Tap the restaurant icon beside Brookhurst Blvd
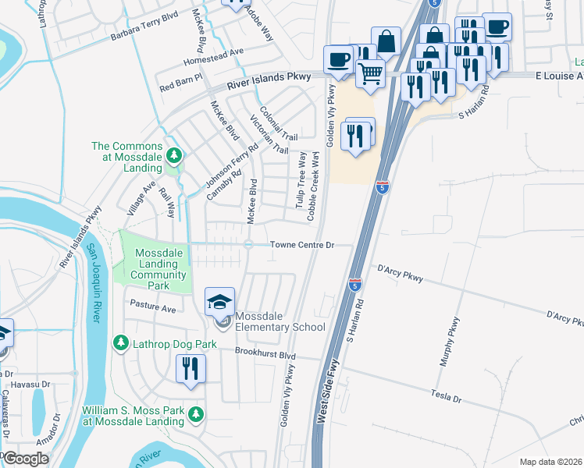click(x=191, y=368)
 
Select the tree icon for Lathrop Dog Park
click(x=120, y=342)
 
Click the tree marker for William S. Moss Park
click(x=197, y=414)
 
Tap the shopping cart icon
click(x=370, y=74)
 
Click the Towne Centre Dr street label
click(x=302, y=245)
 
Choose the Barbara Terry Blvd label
click(x=144, y=36)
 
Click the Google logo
click(x=25, y=459)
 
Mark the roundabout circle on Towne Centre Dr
click(x=247, y=245)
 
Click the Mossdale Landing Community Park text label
click(x=161, y=264)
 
